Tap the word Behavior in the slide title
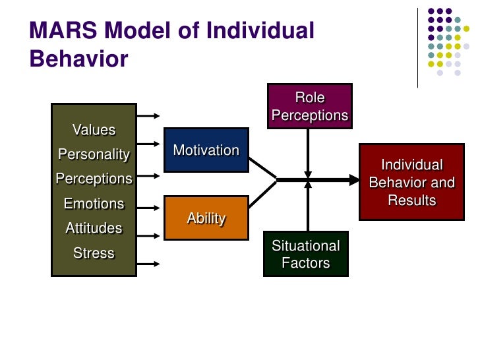pos(78,59)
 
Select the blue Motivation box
pos(206,150)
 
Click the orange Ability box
pos(206,218)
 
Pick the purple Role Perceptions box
pos(309,106)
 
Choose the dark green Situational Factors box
pos(306,254)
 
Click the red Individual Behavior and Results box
pos(411,182)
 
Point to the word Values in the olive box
pos(94,130)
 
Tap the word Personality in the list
pos(94,154)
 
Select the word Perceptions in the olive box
pos(94,179)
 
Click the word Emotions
pos(94,204)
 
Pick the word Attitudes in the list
pos(94,228)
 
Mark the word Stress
pos(94,253)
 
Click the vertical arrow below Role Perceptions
pos(307,152)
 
